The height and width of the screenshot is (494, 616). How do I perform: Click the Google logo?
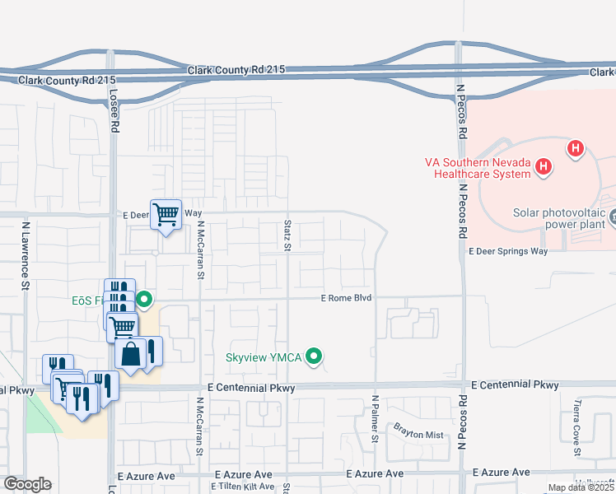(x=26, y=484)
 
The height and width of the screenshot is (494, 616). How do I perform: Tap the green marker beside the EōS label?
(x=144, y=299)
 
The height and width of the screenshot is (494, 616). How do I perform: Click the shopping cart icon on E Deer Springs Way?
(x=166, y=214)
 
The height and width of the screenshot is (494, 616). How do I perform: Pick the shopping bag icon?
(x=130, y=354)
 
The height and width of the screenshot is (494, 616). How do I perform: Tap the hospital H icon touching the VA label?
(x=543, y=167)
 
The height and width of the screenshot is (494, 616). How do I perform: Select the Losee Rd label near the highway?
(x=114, y=111)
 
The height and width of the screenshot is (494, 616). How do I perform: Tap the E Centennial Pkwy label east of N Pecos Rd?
(x=514, y=384)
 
